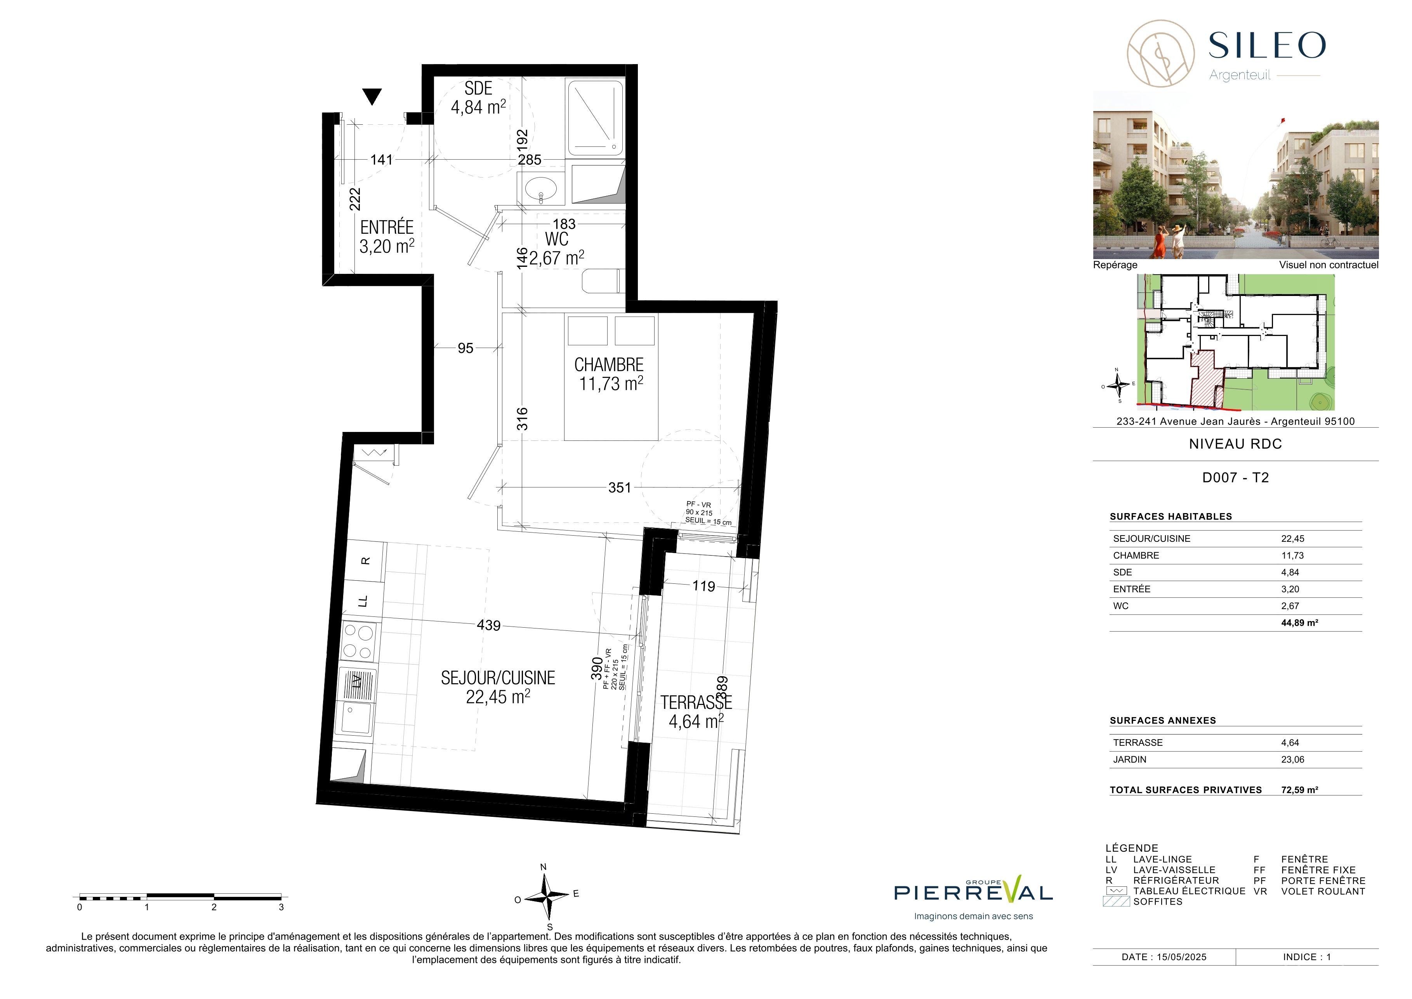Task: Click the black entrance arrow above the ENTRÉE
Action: (372, 97)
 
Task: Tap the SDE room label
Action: (478, 89)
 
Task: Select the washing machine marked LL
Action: (363, 600)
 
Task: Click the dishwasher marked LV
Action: (357, 681)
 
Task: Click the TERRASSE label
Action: (696, 703)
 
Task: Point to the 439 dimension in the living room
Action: (489, 626)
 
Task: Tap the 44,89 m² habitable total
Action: (1299, 623)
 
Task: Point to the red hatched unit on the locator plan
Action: (1208, 379)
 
